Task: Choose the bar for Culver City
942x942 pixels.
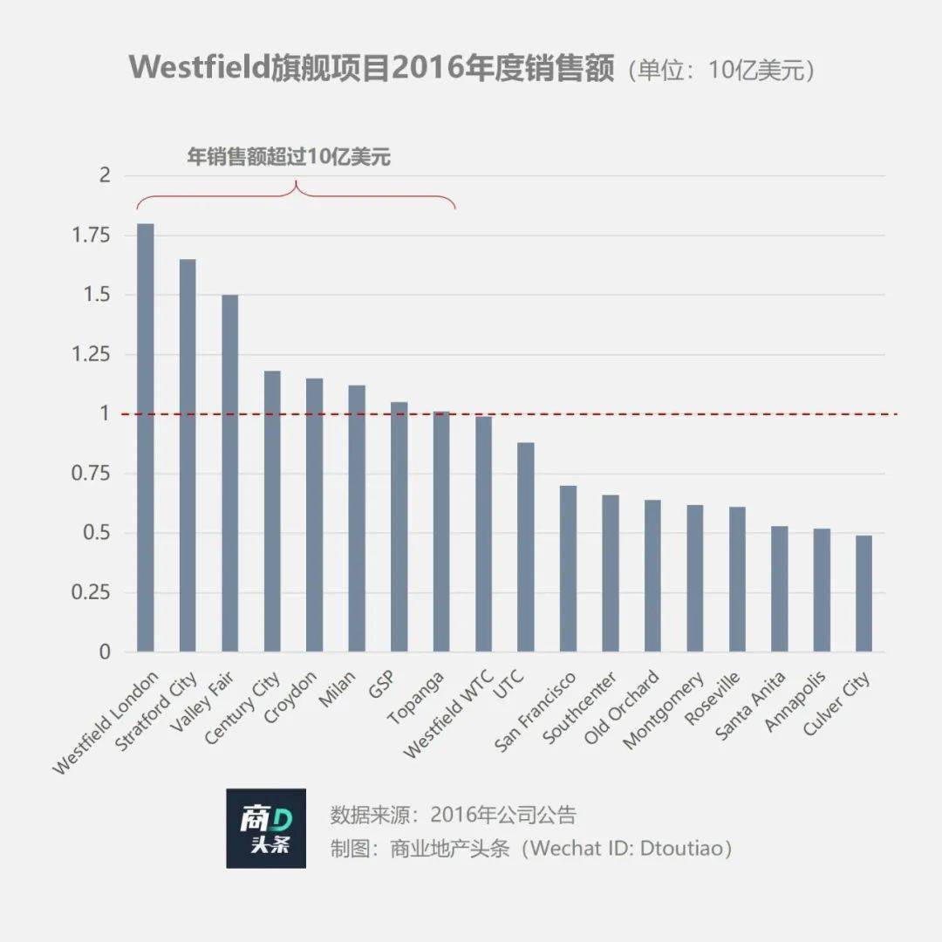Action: [x=863, y=593]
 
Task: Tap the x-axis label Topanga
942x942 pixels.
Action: [x=418, y=699]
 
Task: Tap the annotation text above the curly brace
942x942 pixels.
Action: [x=289, y=157]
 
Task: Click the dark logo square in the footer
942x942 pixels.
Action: [x=266, y=829]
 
